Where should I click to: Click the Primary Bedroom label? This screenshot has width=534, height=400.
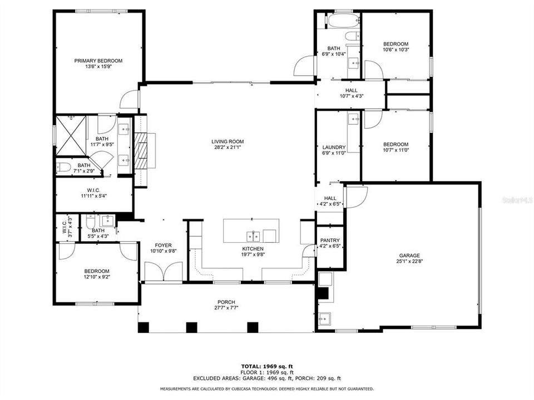pos(98,61)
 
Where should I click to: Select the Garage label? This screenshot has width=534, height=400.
pos(409,256)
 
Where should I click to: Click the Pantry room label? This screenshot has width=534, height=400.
pos(330,241)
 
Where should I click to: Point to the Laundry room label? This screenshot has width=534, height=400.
pos(330,147)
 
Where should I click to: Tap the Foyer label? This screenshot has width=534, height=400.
pos(163,245)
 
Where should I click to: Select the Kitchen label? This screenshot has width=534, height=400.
pos(253,248)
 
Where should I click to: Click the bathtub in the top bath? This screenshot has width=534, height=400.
pos(338,22)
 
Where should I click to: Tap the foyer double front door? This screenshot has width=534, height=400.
pos(163,272)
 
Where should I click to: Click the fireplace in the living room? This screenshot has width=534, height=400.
pos(143,150)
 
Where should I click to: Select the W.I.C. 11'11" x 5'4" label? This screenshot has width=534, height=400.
pos(93,193)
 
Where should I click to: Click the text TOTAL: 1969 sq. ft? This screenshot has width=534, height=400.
pos(266,367)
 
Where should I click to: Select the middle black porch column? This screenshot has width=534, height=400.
pos(191,327)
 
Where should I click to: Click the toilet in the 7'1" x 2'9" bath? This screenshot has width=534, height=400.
pos(63,166)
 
